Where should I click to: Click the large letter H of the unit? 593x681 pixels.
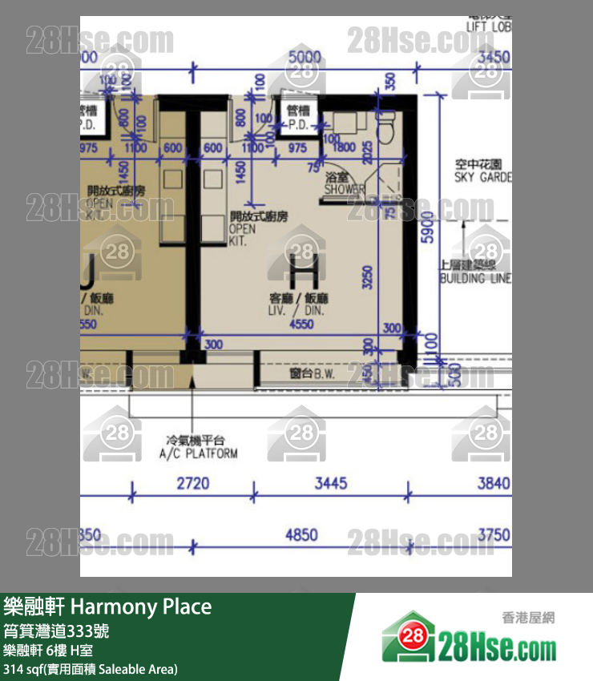303,268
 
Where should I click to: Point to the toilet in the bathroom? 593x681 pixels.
387,126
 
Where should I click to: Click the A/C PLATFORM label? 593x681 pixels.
202,447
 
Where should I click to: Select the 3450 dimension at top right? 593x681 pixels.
493,57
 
